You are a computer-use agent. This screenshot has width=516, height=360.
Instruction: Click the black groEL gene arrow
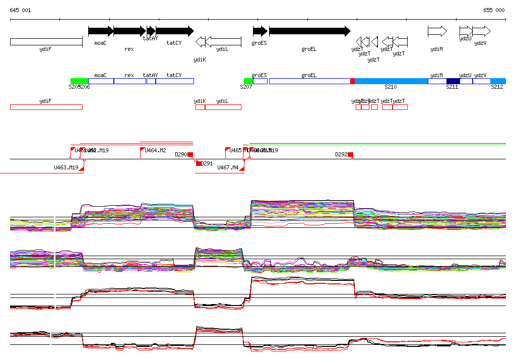click(309, 31)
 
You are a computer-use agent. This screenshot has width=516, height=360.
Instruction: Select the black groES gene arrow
click(260, 31)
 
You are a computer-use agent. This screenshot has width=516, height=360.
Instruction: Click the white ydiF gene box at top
click(46, 42)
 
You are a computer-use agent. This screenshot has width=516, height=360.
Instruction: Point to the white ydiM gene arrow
click(437, 31)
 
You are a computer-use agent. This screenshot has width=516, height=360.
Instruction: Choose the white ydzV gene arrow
click(481, 31)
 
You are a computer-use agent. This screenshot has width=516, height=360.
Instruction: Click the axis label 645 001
click(20, 10)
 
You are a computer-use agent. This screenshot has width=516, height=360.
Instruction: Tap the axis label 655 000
click(494, 10)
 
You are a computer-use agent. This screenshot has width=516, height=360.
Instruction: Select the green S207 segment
click(248, 81)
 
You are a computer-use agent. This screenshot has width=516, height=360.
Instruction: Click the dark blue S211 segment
click(453, 81)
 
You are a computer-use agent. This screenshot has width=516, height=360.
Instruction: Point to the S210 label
click(391, 87)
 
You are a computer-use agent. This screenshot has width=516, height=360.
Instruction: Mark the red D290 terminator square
click(190, 154)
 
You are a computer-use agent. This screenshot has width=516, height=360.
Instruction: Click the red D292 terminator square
click(350, 154)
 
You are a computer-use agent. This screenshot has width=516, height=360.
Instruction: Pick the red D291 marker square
click(199, 163)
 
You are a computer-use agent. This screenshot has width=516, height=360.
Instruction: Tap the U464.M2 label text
click(155, 150)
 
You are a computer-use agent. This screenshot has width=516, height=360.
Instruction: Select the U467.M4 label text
click(228, 167)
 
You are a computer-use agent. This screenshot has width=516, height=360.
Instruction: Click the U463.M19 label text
click(66, 167)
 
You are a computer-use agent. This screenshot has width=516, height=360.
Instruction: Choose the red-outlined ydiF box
click(46, 107)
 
